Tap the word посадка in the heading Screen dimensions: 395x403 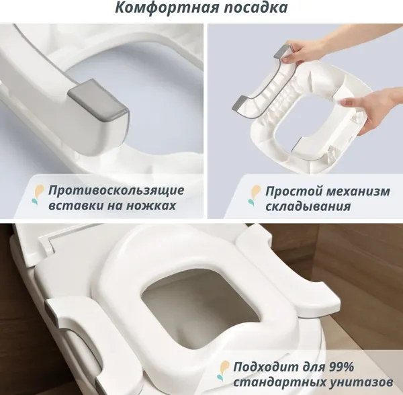(252, 9)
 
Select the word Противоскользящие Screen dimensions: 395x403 (116, 190)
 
